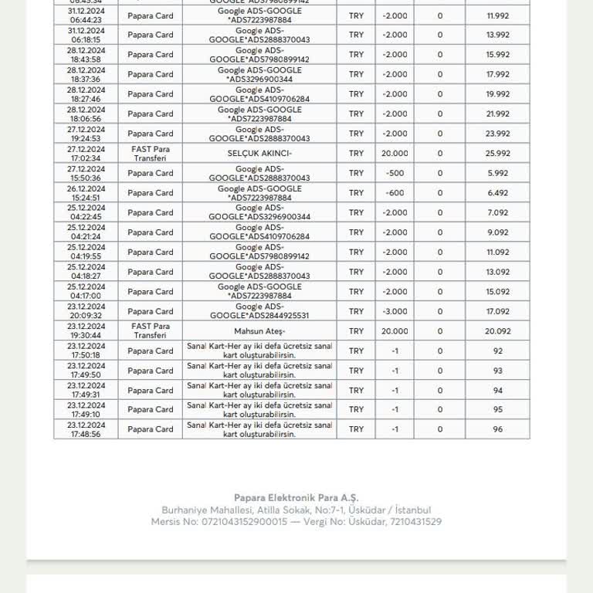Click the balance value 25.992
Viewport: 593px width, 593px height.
point(497,154)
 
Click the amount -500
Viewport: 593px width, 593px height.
point(395,173)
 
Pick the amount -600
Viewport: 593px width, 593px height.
point(395,193)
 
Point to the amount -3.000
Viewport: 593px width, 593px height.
point(395,311)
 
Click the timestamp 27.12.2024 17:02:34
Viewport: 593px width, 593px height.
point(86,154)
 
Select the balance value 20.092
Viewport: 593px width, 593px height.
point(497,331)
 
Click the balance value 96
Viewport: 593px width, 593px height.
point(497,429)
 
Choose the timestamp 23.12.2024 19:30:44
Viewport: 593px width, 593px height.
point(86,331)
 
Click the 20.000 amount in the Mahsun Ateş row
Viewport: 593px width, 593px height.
point(395,331)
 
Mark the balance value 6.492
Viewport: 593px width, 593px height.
point(497,193)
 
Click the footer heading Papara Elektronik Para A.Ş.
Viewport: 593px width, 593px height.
point(296,498)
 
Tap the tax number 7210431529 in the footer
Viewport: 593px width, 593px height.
point(415,522)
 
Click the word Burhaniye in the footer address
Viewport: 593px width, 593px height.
point(185,510)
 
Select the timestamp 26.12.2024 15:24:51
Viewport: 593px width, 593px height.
point(86,193)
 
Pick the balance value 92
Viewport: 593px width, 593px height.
point(497,351)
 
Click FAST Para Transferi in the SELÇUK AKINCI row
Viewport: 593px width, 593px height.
point(151,154)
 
